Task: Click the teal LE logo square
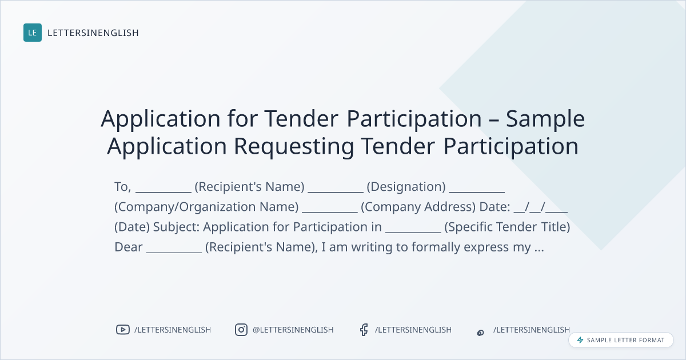point(33,33)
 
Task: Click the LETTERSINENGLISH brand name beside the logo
point(93,33)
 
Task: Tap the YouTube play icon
point(123,330)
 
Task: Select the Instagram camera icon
point(241,330)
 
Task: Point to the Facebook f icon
point(364,330)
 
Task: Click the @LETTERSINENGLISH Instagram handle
point(293,330)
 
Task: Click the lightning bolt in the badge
point(580,340)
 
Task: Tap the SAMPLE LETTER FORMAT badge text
point(625,340)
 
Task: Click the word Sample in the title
point(545,119)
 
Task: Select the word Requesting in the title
point(294,146)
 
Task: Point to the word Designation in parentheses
point(406,186)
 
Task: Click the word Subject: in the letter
point(176,227)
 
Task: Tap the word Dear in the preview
point(129,247)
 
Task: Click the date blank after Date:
point(541,207)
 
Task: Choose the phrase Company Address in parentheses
point(418,207)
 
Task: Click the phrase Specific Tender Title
point(507,227)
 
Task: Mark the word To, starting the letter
point(123,187)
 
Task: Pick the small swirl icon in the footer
point(481,333)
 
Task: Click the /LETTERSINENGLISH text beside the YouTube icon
point(173,330)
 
